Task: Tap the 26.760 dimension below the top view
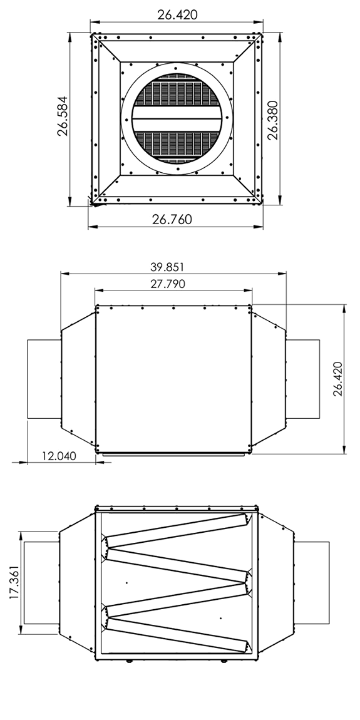click(172, 219)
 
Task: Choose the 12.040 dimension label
click(59, 456)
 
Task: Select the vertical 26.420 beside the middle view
click(338, 379)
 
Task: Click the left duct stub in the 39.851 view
click(44, 379)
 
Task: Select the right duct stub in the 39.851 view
click(303, 379)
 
